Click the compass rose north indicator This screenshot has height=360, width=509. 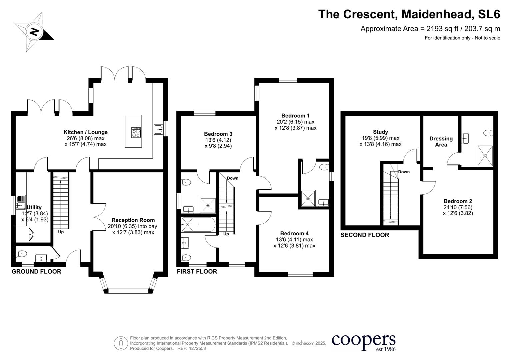coord(34,32)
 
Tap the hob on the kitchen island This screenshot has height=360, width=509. coord(136,133)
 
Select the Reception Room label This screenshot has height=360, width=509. coord(133,220)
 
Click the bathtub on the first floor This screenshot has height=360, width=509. coord(198,224)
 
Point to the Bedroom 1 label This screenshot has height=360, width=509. coord(295,116)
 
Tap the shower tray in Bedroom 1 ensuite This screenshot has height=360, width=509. coord(308,198)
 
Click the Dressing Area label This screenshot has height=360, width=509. coord(441,141)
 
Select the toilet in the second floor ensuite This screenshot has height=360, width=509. coord(488,133)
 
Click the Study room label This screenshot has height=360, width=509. coord(380,132)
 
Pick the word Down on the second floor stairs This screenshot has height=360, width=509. coord(404,172)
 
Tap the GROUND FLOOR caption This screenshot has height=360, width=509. coord(36,272)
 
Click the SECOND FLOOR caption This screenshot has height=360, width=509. coord(365,235)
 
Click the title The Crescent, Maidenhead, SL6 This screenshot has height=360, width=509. coord(409,14)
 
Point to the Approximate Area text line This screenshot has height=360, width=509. coord(430,29)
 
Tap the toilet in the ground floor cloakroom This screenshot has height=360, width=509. coord(21,254)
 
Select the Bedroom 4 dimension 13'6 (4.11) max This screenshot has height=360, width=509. coord(294,240)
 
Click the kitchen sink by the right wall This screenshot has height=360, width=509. coord(159,129)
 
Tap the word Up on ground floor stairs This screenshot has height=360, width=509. coord(61,232)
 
